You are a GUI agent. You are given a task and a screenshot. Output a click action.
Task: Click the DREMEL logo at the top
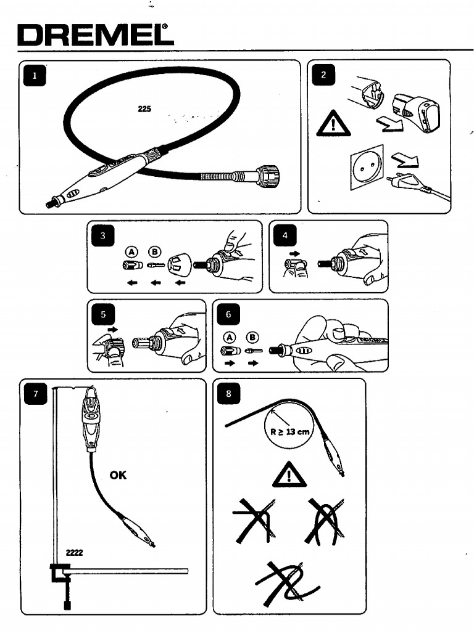95,36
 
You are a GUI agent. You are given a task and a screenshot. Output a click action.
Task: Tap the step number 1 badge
35,76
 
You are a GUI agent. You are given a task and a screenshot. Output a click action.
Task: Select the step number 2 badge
323,76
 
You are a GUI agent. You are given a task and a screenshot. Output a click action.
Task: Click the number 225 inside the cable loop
144,108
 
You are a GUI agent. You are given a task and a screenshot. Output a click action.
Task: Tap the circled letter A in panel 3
130,251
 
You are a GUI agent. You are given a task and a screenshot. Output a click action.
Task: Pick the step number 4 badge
285,235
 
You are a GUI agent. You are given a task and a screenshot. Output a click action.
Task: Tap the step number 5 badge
102,314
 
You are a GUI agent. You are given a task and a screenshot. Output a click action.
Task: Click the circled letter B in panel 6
253,337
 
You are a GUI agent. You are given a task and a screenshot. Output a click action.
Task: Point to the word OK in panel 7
119,475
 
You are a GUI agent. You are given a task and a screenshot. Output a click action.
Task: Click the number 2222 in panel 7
75,553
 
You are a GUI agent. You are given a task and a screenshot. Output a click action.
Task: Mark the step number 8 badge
229,395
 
